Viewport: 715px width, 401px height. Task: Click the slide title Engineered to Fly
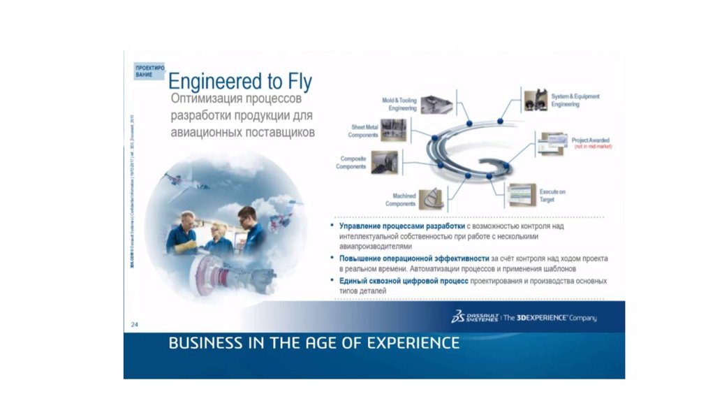click(x=240, y=80)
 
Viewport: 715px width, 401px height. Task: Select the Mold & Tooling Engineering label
click(x=399, y=105)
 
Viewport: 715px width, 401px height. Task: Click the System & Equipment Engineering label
click(x=575, y=100)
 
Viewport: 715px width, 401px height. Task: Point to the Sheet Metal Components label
click(x=363, y=131)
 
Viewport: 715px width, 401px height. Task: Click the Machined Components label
click(x=400, y=200)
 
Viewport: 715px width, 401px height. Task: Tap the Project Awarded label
click(x=590, y=140)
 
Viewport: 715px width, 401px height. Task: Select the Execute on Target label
click(x=552, y=195)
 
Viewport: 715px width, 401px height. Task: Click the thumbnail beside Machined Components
click(x=433, y=198)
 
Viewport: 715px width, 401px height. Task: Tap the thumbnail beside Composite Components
click(x=384, y=161)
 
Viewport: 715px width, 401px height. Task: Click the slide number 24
click(x=135, y=324)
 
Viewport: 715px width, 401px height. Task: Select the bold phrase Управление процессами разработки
click(x=402, y=227)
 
